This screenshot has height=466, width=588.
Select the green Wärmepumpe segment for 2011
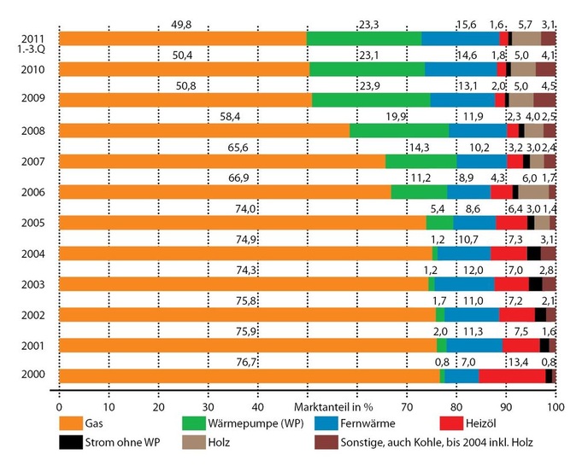point(363,38)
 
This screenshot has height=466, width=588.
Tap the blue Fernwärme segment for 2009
point(462,100)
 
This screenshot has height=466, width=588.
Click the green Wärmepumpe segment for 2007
point(420,161)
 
